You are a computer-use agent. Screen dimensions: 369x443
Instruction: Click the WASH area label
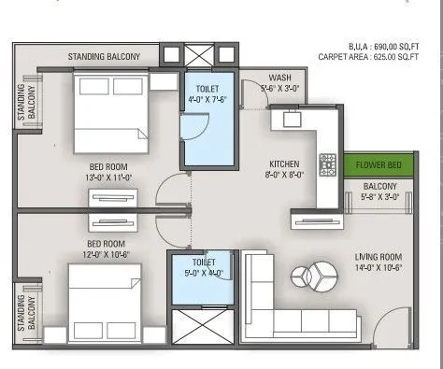pos(279,78)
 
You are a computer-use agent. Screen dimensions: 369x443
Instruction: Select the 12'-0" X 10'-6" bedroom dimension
pos(113,229)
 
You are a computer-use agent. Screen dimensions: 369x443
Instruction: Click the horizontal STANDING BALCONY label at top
pos(105,57)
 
